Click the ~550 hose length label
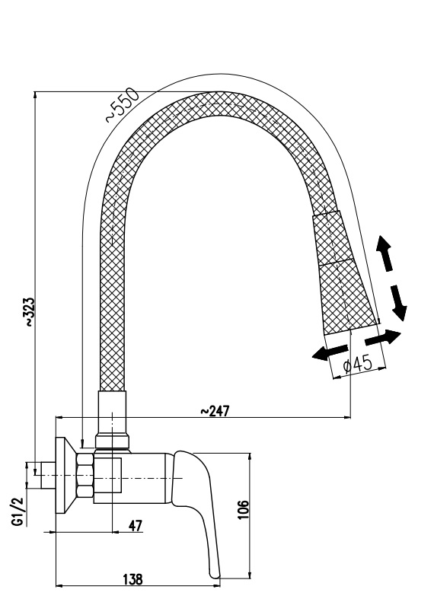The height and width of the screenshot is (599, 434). [123, 105]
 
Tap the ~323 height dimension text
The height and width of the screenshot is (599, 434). [30, 312]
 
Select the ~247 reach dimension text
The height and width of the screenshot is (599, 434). [215, 411]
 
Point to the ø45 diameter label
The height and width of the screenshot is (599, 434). [358, 365]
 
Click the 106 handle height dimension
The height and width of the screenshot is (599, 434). [243, 510]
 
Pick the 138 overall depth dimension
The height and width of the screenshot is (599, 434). [132, 579]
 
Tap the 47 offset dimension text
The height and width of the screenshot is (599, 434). [136, 526]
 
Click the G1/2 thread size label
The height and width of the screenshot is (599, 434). [18, 512]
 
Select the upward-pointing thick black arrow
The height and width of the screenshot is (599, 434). [385, 253]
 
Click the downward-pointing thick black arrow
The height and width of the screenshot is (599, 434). [398, 303]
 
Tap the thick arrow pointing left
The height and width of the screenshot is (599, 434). [330, 352]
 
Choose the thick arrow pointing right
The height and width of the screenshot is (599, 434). [383, 337]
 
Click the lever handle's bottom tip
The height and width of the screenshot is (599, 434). [215, 577]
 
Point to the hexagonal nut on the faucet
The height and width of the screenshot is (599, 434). [85, 475]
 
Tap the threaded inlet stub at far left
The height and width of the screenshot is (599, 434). [48, 475]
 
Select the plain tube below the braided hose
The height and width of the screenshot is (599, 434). [112, 413]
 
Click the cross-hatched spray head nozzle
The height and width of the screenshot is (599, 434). [343, 274]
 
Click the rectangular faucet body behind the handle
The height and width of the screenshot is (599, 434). [130, 478]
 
